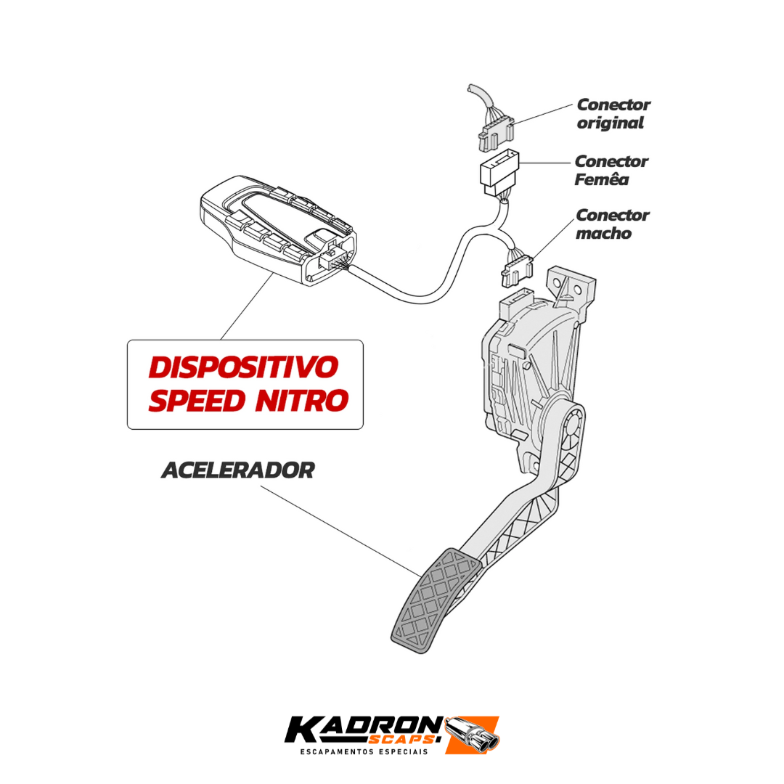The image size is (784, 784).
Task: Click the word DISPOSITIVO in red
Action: point(243,367)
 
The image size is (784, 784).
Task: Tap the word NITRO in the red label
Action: point(301,401)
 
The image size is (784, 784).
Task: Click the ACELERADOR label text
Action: point(238,470)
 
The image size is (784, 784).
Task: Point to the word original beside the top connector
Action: point(610,123)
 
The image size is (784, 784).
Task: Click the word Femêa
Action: point(601,179)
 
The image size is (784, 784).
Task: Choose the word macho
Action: point(603,233)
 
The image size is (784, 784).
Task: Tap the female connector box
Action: point(499,171)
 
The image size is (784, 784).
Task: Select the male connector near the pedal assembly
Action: point(517,270)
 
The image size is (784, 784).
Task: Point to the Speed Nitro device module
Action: point(278,231)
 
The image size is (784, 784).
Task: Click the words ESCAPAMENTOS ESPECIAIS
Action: point(364,751)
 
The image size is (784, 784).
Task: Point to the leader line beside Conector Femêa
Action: point(545,163)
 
